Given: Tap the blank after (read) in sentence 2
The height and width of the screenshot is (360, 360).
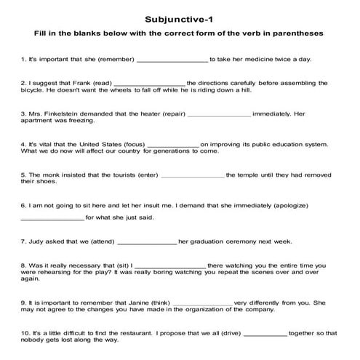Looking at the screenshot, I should pos(150,85).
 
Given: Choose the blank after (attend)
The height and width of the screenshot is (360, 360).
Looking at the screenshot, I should pos(147,242).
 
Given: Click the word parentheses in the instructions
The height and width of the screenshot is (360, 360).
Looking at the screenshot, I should pos(296,33).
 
